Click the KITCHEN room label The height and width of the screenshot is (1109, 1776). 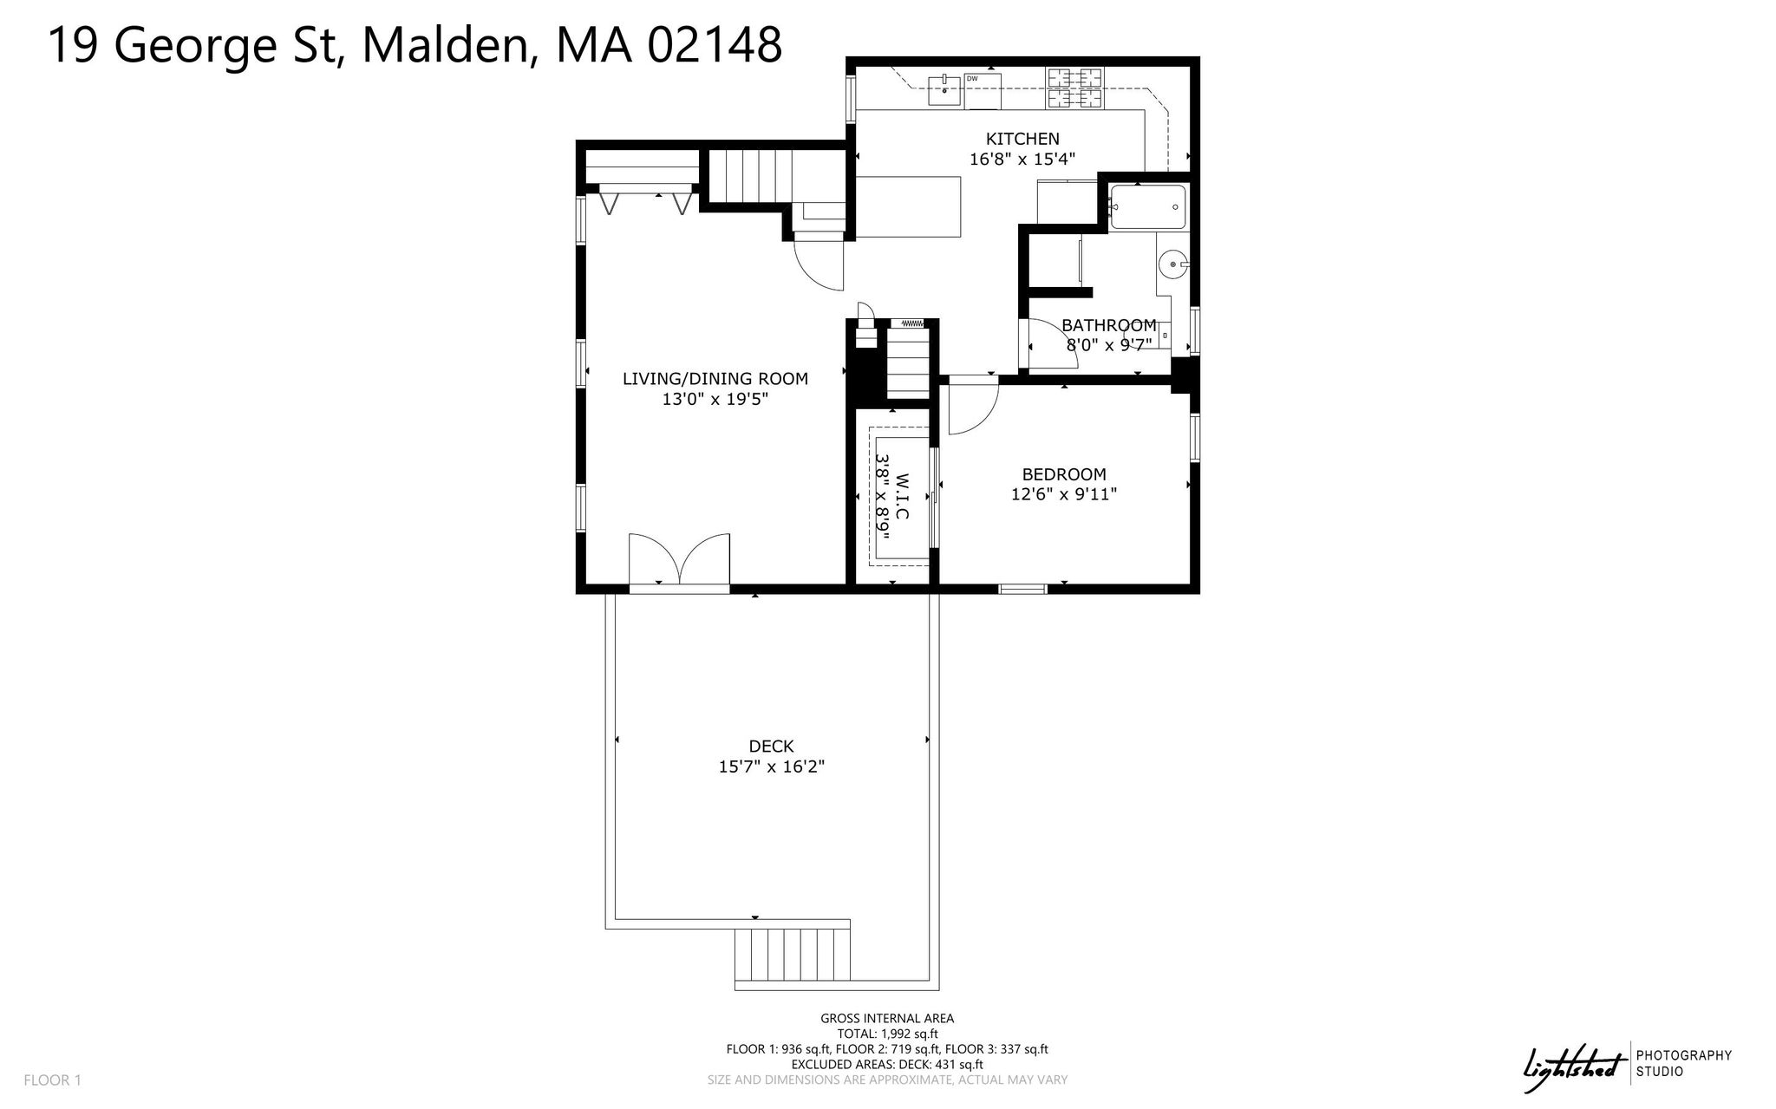[x=1022, y=139]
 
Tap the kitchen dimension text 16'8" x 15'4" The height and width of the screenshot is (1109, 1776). [x=1022, y=160]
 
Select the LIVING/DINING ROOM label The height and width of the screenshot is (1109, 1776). [x=715, y=379]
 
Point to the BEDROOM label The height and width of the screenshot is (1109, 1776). [x=1064, y=474]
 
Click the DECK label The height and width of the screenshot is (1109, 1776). [x=771, y=747]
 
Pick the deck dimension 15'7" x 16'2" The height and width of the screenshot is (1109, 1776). [x=771, y=767]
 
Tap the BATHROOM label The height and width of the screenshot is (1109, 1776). [x=1109, y=325]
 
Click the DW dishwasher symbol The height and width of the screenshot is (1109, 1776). [x=983, y=91]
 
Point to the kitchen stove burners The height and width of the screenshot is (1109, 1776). [x=1075, y=88]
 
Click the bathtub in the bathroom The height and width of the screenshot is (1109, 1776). [x=1147, y=207]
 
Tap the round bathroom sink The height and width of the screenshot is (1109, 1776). [x=1173, y=263]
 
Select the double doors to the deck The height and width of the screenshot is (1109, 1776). [x=679, y=563]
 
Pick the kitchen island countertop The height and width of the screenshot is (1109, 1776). [x=909, y=206]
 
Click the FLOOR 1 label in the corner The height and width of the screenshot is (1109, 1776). [x=52, y=1080]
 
